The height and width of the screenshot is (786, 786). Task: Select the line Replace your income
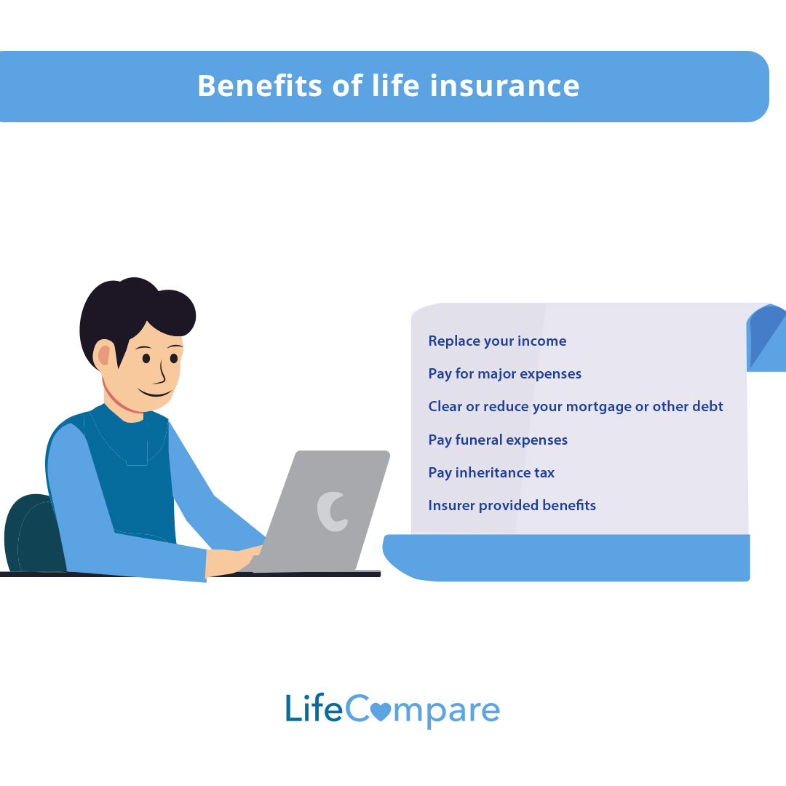pos(497,341)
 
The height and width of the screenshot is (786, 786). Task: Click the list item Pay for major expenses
pos(504,374)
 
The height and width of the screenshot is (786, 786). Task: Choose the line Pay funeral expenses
pos(498,440)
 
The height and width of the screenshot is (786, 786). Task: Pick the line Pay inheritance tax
pos(491,473)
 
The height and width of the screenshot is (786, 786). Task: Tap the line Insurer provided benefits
pos(512,506)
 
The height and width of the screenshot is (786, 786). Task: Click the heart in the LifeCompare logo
pos(380,710)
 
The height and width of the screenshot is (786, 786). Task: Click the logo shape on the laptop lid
pos(332,511)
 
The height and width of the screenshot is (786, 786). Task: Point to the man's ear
pos(104,355)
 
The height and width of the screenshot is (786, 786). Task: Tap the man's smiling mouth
pos(154,394)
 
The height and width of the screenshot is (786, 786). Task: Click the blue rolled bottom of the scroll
pos(568,557)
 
